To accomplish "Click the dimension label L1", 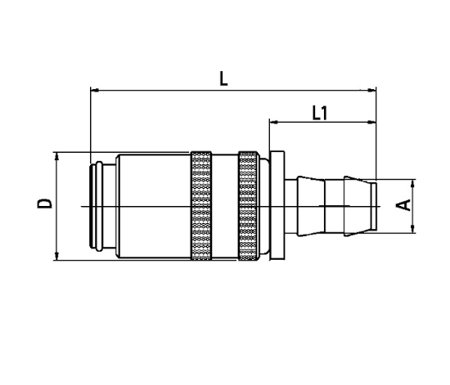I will [x=320, y=113].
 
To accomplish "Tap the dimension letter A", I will [x=404, y=204].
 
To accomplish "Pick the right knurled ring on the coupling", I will [x=248, y=207].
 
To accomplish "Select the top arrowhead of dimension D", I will [x=57, y=155].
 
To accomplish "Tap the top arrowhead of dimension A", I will [x=411, y=183].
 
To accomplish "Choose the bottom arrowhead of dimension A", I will [x=411, y=228].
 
